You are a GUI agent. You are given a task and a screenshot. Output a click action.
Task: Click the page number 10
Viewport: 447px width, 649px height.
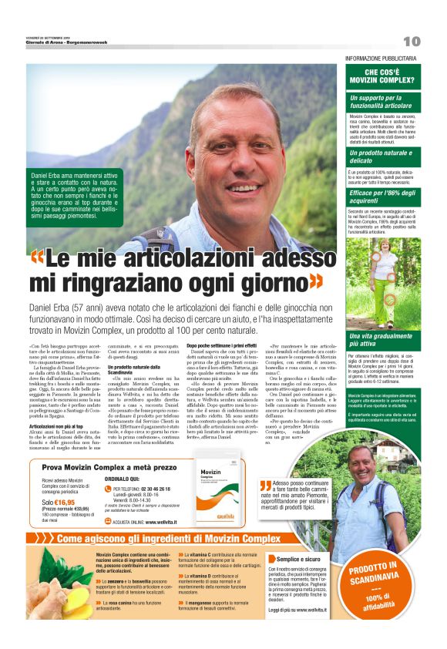412,41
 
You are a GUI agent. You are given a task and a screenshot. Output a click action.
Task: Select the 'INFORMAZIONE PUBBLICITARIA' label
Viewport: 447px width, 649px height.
382,59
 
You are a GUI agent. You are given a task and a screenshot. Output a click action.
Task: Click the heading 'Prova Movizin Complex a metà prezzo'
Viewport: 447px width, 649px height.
109,468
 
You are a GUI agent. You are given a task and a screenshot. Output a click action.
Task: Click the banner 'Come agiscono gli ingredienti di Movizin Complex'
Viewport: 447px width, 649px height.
170,539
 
